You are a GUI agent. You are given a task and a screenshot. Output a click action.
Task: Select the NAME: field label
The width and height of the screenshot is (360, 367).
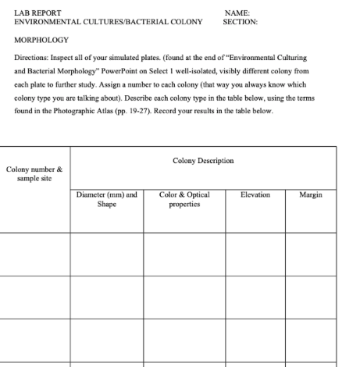coord(236,13)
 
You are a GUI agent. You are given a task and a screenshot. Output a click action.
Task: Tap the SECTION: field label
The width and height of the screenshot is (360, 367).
coord(241,22)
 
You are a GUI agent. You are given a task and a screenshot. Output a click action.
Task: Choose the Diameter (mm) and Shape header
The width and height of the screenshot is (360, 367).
coord(106,199)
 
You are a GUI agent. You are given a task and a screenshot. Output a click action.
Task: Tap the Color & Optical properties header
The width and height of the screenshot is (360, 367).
coord(180,199)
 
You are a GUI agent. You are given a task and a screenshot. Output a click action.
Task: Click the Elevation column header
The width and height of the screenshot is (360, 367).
coord(253,194)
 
